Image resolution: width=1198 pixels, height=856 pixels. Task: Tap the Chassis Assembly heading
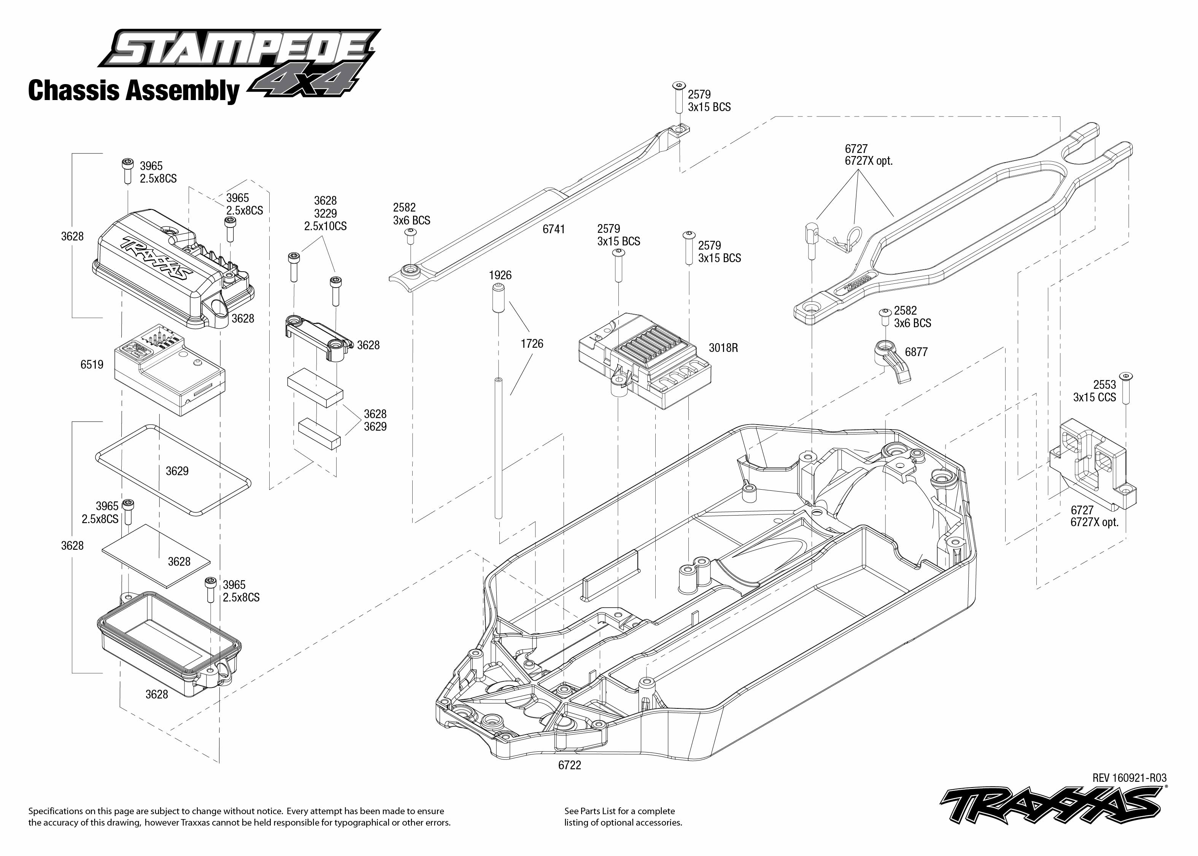[133, 90]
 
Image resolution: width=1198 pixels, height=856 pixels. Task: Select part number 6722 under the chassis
[569, 765]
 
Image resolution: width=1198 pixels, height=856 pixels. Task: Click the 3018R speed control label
[723, 348]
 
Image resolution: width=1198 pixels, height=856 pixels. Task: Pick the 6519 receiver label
[92, 364]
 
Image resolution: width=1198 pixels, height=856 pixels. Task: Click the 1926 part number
[500, 275]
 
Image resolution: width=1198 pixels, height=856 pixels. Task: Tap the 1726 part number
[532, 344]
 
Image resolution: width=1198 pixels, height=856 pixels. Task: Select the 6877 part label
[916, 352]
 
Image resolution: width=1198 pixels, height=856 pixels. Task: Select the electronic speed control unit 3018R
[645, 361]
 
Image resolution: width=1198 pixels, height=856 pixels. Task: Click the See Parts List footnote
[622, 816]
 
